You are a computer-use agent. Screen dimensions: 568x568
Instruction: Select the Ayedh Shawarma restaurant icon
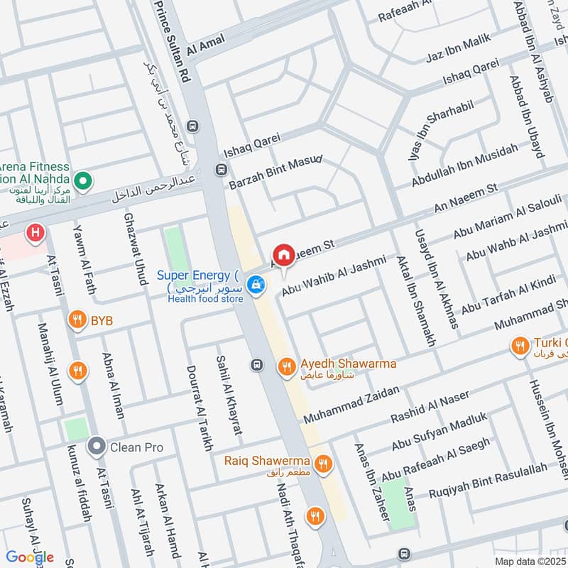(x=286, y=366)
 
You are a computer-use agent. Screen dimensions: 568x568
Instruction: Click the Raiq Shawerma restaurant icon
(x=323, y=464)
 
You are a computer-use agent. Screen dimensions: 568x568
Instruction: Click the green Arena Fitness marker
(x=83, y=182)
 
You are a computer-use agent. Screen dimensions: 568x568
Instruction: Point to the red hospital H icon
(x=33, y=231)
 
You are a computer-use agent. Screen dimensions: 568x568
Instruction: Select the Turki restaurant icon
(x=519, y=346)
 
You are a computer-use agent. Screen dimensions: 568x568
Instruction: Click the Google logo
(x=30, y=557)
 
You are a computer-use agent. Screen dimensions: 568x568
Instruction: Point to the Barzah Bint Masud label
(x=275, y=172)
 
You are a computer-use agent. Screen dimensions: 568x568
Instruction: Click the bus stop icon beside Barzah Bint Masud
(x=222, y=170)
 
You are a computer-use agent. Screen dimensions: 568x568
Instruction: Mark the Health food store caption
(x=205, y=299)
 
